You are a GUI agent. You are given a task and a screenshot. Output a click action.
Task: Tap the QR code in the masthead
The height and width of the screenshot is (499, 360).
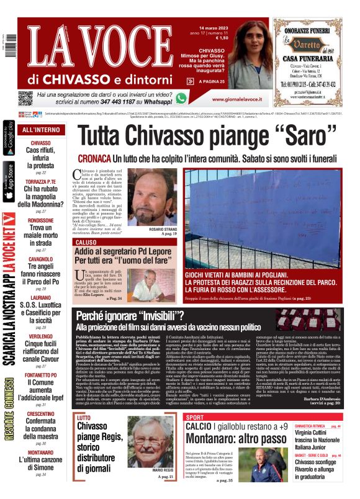pyautogui.click(x=25, y=99)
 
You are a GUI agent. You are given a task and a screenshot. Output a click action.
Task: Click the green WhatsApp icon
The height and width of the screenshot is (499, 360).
pyautogui.click(x=181, y=97)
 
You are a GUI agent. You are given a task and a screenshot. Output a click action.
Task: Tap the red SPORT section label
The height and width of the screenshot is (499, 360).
pyautogui.click(x=194, y=417)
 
